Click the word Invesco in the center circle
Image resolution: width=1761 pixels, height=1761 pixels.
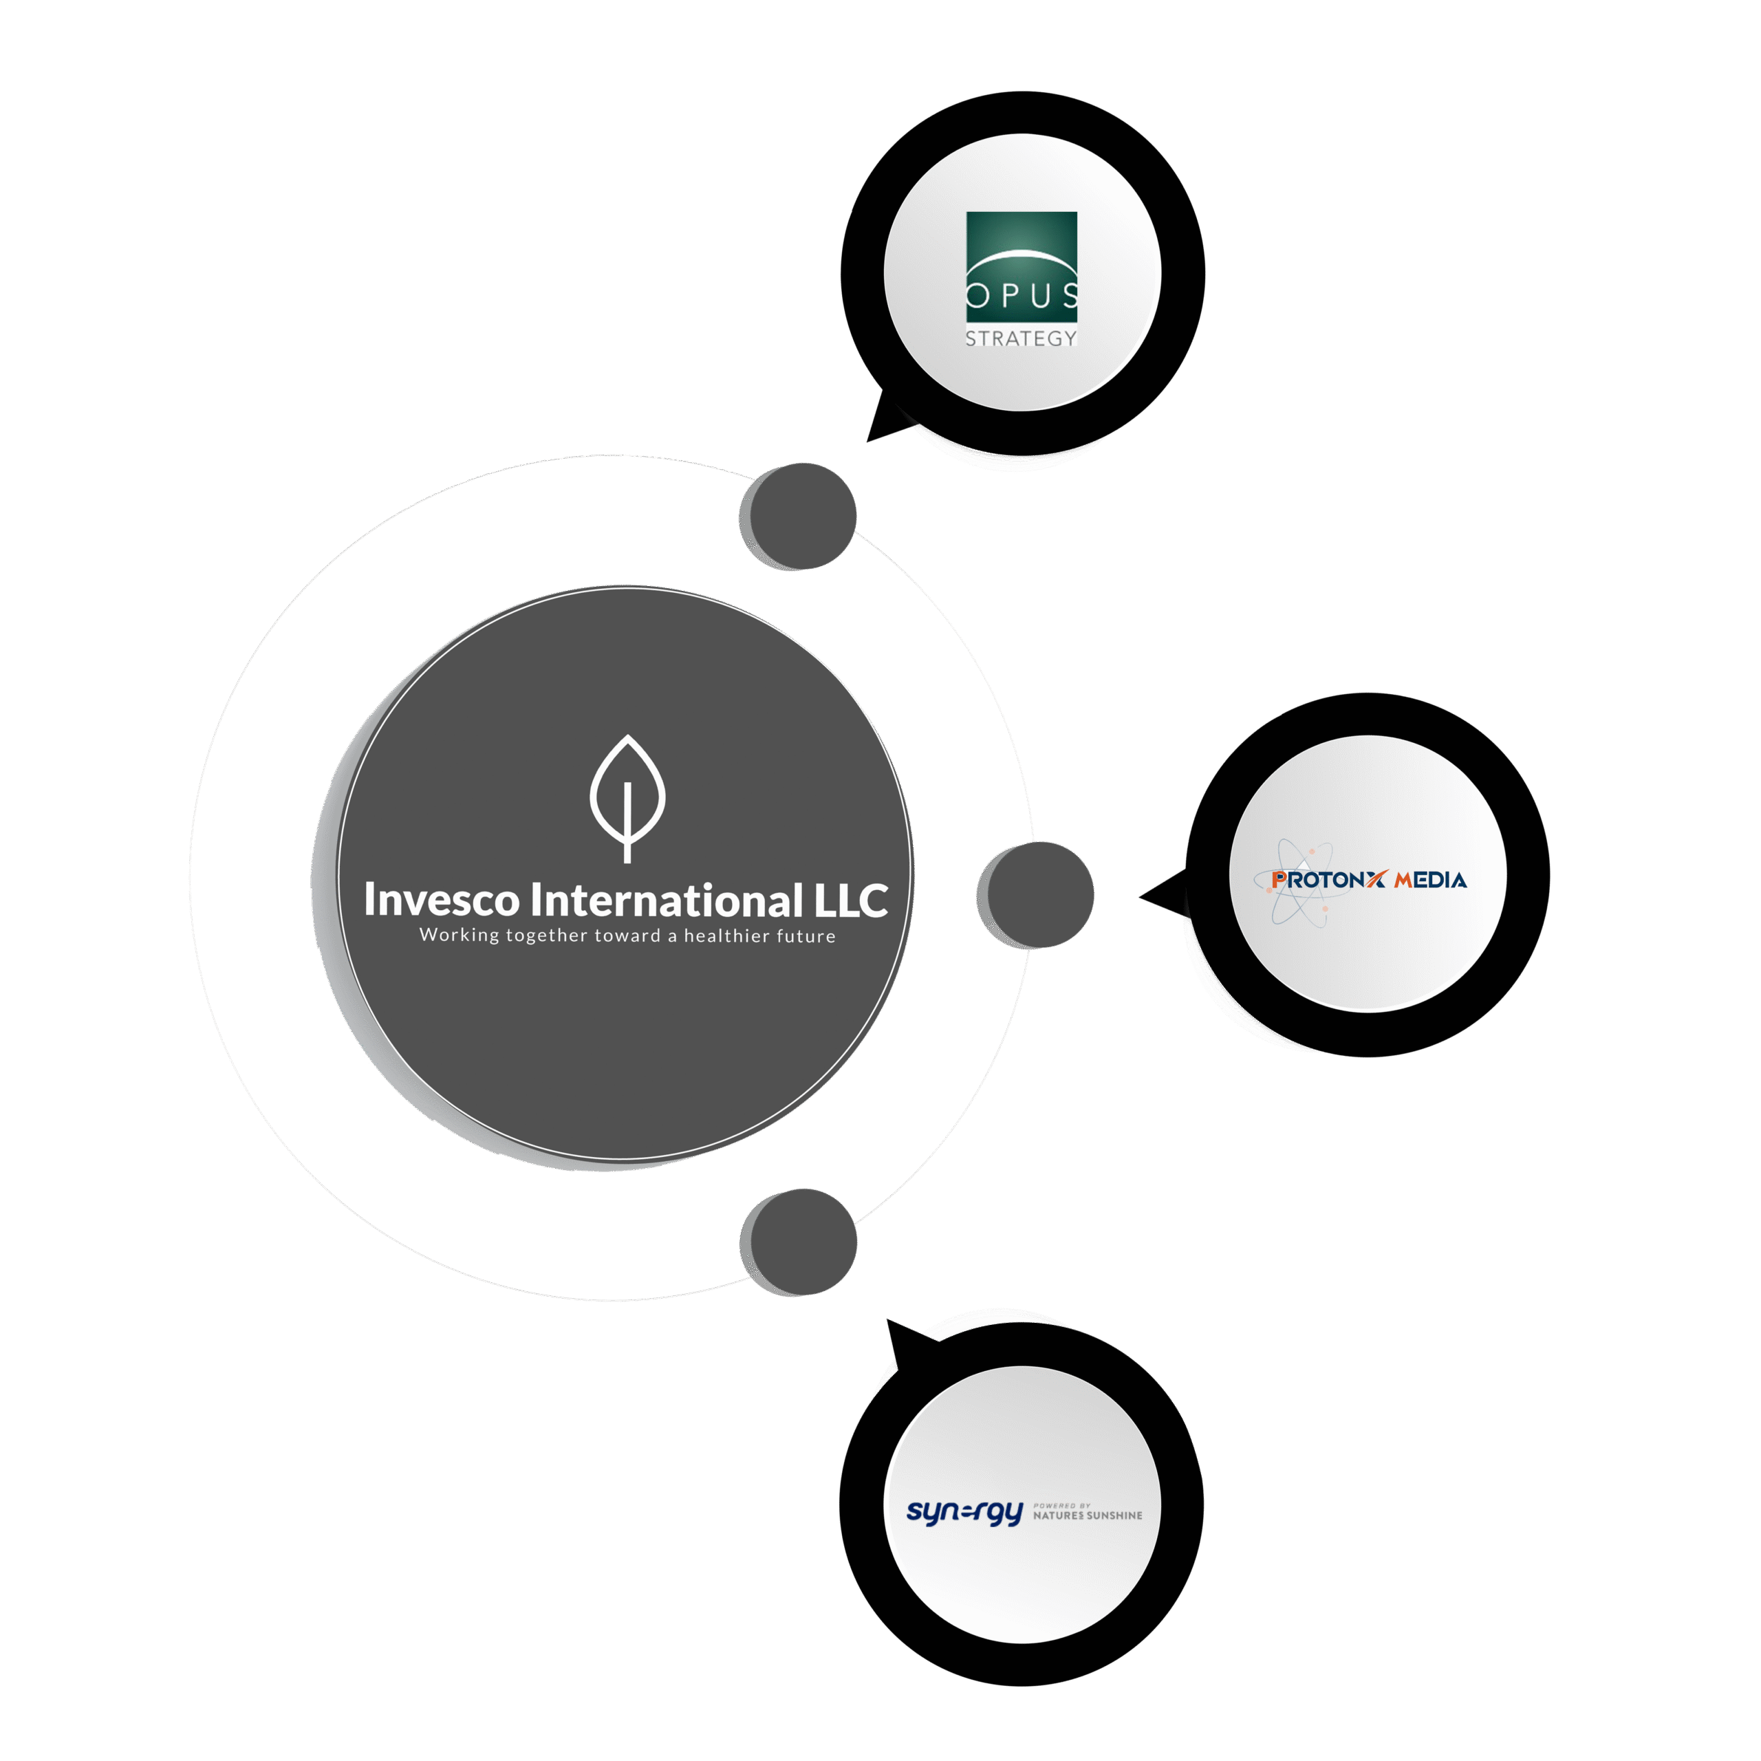441,900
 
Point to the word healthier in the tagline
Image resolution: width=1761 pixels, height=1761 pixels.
726,936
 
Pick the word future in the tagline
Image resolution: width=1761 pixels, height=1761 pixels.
805,936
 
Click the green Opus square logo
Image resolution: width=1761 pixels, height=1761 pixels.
1021,266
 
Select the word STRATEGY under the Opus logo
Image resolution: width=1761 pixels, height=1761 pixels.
1021,338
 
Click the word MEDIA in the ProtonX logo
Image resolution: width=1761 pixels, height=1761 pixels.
1430,880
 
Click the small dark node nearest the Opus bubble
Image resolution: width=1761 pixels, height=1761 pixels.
799,516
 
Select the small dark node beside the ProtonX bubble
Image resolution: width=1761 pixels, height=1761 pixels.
1037,894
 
